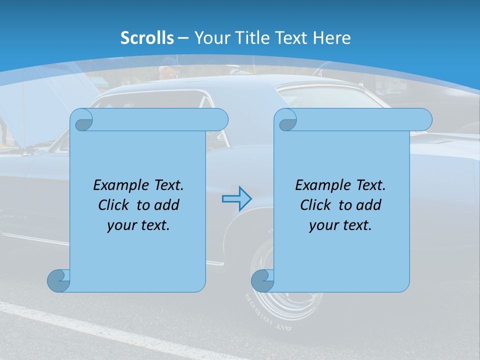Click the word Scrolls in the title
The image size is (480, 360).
click(x=147, y=38)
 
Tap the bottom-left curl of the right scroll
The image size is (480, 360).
click(x=262, y=280)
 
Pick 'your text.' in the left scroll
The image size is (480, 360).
click(x=138, y=225)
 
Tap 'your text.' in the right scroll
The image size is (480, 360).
click(x=340, y=225)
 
